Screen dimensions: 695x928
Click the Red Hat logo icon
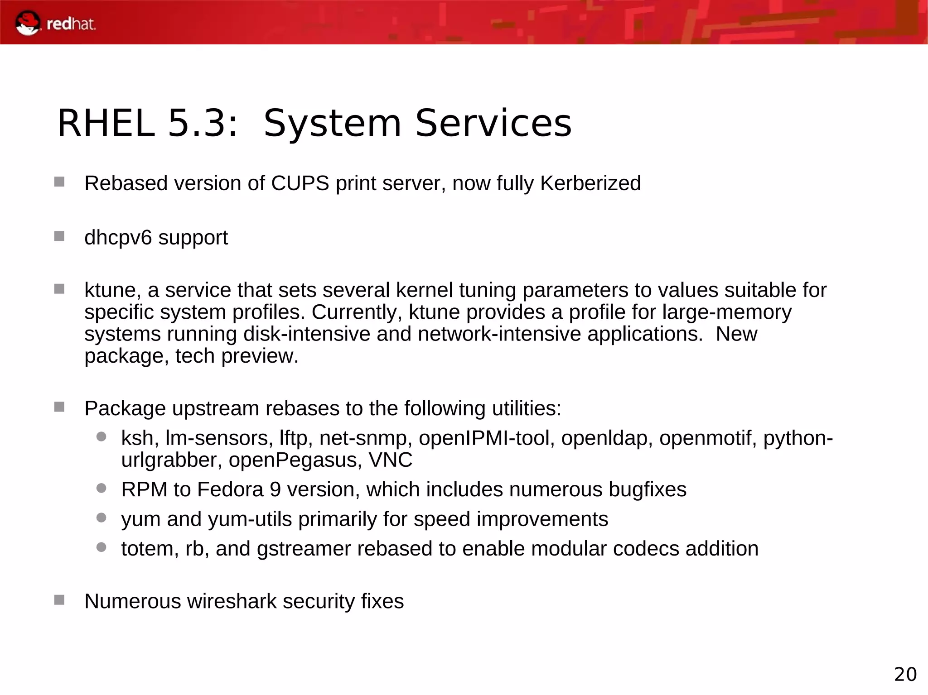click(28, 23)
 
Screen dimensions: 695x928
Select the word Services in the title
click(493, 123)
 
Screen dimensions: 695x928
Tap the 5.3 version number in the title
click(202, 123)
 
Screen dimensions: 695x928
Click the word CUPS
click(300, 183)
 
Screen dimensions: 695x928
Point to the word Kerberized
click(590, 183)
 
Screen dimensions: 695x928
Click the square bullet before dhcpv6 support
click(59, 236)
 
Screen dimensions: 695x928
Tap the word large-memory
click(726, 312)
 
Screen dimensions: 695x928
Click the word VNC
click(390, 460)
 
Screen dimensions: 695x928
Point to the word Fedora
click(230, 489)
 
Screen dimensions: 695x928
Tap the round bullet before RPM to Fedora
click(101, 488)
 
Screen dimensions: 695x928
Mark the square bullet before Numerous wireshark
click(59, 600)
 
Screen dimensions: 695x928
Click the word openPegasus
click(295, 460)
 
